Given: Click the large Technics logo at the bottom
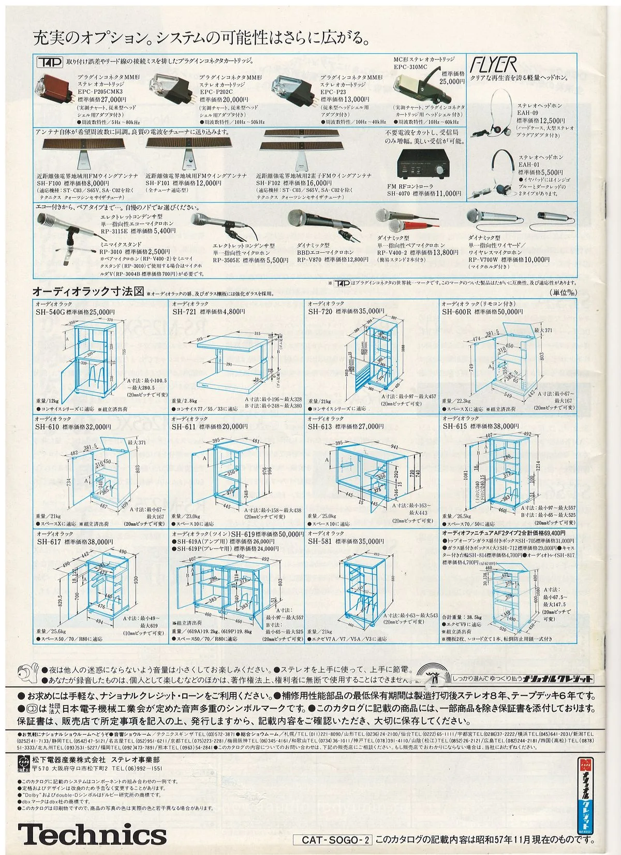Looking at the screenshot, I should pyautogui.click(x=92, y=834).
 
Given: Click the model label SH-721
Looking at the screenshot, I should pyautogui.click(x=184, y=312).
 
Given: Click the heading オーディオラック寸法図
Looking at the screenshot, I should pyautogui.click(x=88, y=291).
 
